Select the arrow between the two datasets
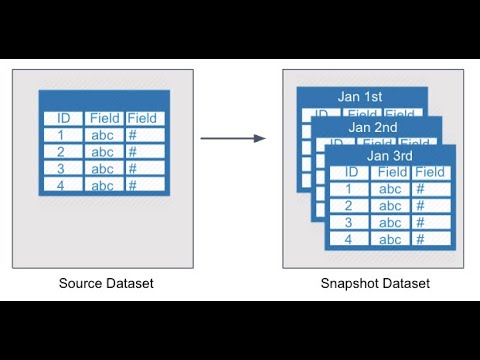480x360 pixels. [x=233, y=138]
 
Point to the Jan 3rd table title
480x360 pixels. [x=390, y=156]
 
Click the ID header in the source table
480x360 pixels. [x=62, y=118]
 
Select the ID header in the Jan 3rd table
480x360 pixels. [x=348, y=173]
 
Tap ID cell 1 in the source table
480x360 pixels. [x=62, y=135]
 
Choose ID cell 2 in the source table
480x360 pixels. [x=62, y=152]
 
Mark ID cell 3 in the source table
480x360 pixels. [x=62, y=169]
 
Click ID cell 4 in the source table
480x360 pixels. [x=62, y=185]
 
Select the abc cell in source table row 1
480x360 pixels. [x=104, y=135]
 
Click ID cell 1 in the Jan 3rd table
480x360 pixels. [x=348, y=189]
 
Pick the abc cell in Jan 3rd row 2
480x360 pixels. [x=390, y=206]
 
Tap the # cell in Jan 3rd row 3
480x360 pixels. [x=430, y=223]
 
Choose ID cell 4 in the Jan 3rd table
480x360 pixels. [x=348, y=239]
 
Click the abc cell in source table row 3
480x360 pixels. [x=104, y=169]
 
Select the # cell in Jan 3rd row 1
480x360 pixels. [x=430, y=189]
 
